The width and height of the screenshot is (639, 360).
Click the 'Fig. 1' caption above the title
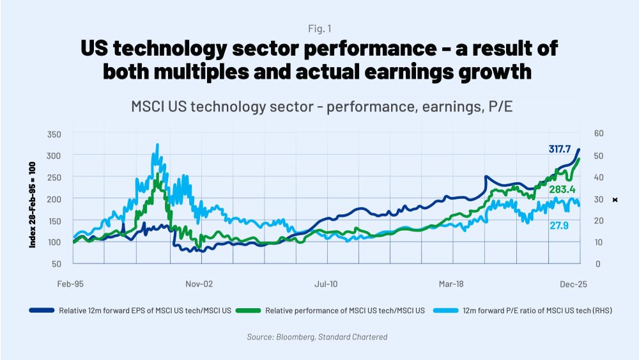tap(319, 28)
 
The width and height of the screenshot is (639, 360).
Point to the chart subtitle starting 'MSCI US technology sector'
tap(319, 106)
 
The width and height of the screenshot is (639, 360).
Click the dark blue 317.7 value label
tap(560, 148)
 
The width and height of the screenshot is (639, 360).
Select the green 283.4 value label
tap(562, 189)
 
